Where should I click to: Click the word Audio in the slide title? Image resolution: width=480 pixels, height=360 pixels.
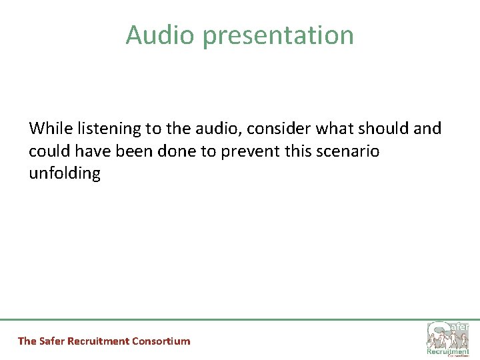tap(161, 35)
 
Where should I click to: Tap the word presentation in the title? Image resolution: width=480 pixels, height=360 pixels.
tap(278, 36)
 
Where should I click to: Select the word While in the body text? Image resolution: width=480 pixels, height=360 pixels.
tap(48, 128)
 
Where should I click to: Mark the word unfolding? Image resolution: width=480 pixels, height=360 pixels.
tap(65, 175)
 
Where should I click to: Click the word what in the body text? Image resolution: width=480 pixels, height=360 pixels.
tap(327, 128)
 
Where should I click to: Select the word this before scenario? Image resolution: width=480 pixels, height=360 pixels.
tap(301, 151)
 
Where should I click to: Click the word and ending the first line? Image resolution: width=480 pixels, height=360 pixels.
tap(427, 128)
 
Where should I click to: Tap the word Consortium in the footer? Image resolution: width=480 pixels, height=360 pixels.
tap(161, 341)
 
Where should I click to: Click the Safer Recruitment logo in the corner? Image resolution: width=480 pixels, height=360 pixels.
tap(448, 337)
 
